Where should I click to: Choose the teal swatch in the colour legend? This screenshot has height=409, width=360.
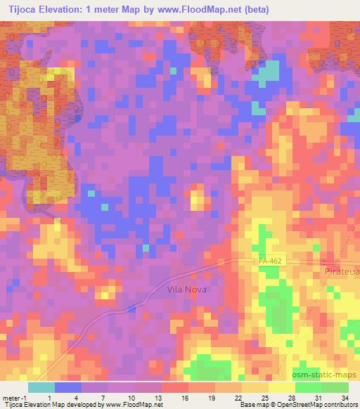click(x=41, y=387)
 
